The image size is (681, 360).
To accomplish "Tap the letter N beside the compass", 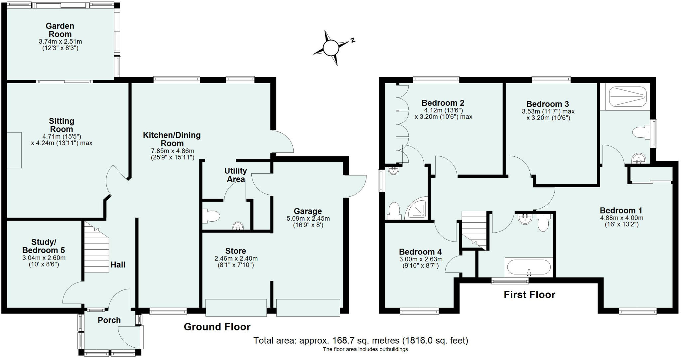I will point(353,40).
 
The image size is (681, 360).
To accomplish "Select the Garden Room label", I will point(60,30).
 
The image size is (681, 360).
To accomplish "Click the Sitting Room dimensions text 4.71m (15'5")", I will point(62,136).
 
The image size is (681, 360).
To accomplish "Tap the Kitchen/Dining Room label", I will point(172,139).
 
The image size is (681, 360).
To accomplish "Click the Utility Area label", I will point(235,175).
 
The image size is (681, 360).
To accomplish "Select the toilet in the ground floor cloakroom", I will point(212,216).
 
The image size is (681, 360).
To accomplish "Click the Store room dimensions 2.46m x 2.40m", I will point(236,259).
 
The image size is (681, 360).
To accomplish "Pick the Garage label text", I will point(308,211).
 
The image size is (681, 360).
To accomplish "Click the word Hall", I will point(118,265).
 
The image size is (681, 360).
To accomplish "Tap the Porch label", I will point(109,320).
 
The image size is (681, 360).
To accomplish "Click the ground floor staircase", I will point(96,248).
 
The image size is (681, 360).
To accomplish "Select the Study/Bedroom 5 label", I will point(44,246).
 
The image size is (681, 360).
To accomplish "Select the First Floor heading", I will point(529,295).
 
